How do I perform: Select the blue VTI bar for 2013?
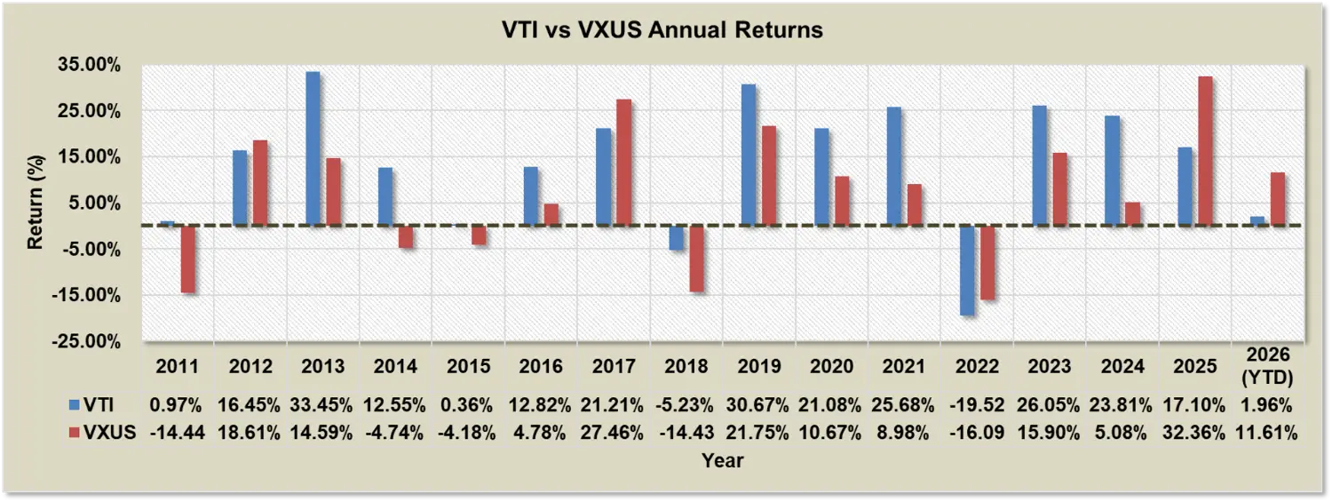313,148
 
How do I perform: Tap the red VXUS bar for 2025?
1205,151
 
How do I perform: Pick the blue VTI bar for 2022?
967,270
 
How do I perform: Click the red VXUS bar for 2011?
187,259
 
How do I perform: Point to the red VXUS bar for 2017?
624,163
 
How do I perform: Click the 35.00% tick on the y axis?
99,65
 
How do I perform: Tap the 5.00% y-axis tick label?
103,203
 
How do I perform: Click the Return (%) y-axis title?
36,203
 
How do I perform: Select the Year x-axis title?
722,460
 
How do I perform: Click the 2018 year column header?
686,366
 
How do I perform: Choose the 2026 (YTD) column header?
1269,366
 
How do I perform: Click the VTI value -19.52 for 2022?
977,406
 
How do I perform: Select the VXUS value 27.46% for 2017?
614,434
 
